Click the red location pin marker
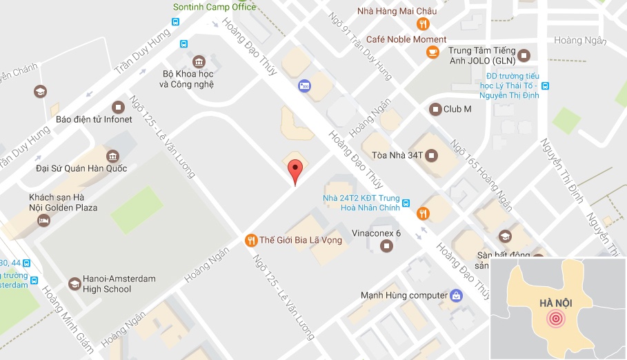click(x=295, y=171)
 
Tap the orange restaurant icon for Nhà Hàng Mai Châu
click(x=423, y=24)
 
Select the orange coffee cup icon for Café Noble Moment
click(x=432, y=51)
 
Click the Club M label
click(x=457, y=109)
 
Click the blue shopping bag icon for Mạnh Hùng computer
click(x=456, y=296)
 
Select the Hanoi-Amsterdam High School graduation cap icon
click(x=74, y=283)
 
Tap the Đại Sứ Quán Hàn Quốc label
click(x=81, y=168)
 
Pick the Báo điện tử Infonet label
click(x=94, y=119)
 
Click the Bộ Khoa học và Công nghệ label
click(x=187, y=79)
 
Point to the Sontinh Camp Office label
click(x=214, y=7)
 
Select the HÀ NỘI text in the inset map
click(x=557, y=303)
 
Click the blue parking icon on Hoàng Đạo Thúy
click(x=303, y=86)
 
